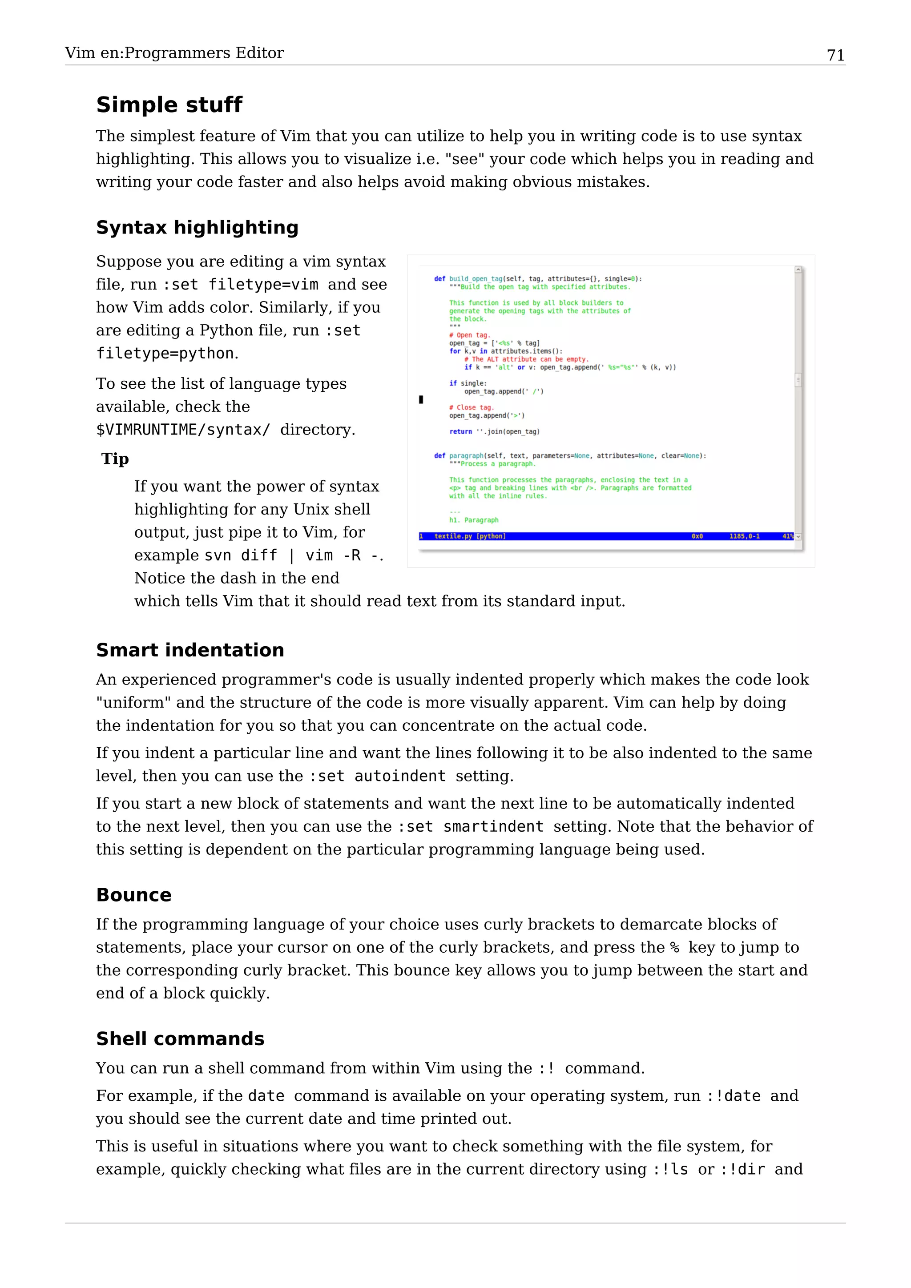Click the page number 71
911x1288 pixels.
835,55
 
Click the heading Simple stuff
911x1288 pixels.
169,105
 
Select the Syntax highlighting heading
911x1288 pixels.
197,227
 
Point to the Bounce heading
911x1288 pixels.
133,895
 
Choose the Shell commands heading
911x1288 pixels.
180,1038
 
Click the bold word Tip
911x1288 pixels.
115,459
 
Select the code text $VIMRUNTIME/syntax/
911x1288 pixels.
183,430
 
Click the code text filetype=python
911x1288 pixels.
165,354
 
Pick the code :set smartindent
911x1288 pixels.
470,827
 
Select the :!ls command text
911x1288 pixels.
670,1170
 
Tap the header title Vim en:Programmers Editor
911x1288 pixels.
174,53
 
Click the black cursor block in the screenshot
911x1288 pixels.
421,399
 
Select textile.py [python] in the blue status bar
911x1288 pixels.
470,536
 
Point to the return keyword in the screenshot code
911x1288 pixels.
460,432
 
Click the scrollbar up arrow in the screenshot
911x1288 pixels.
798,270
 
